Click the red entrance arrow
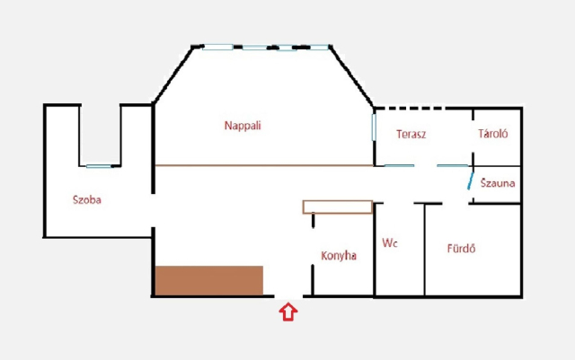pos(288,312)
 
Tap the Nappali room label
pos(243,126)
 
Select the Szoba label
pos(87,200)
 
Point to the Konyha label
pos(339,256)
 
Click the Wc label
pos(389,242)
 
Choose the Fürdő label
pos(461,249)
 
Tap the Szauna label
pos(498,183)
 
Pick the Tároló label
pos(493,134)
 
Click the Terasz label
pos(411,134)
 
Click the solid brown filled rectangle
pos(209,280)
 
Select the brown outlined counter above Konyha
pos(338,206)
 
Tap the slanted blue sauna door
pos(471,180)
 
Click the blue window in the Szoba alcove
pos(99,166)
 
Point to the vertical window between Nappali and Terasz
pos(374,127)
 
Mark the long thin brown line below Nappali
pos(264,166)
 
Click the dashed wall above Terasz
pos(410,108)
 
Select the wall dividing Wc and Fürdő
pos(425,250)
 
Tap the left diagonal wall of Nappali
pos(173,75)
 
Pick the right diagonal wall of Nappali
pos(351,76)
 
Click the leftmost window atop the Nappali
pos(217,47)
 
